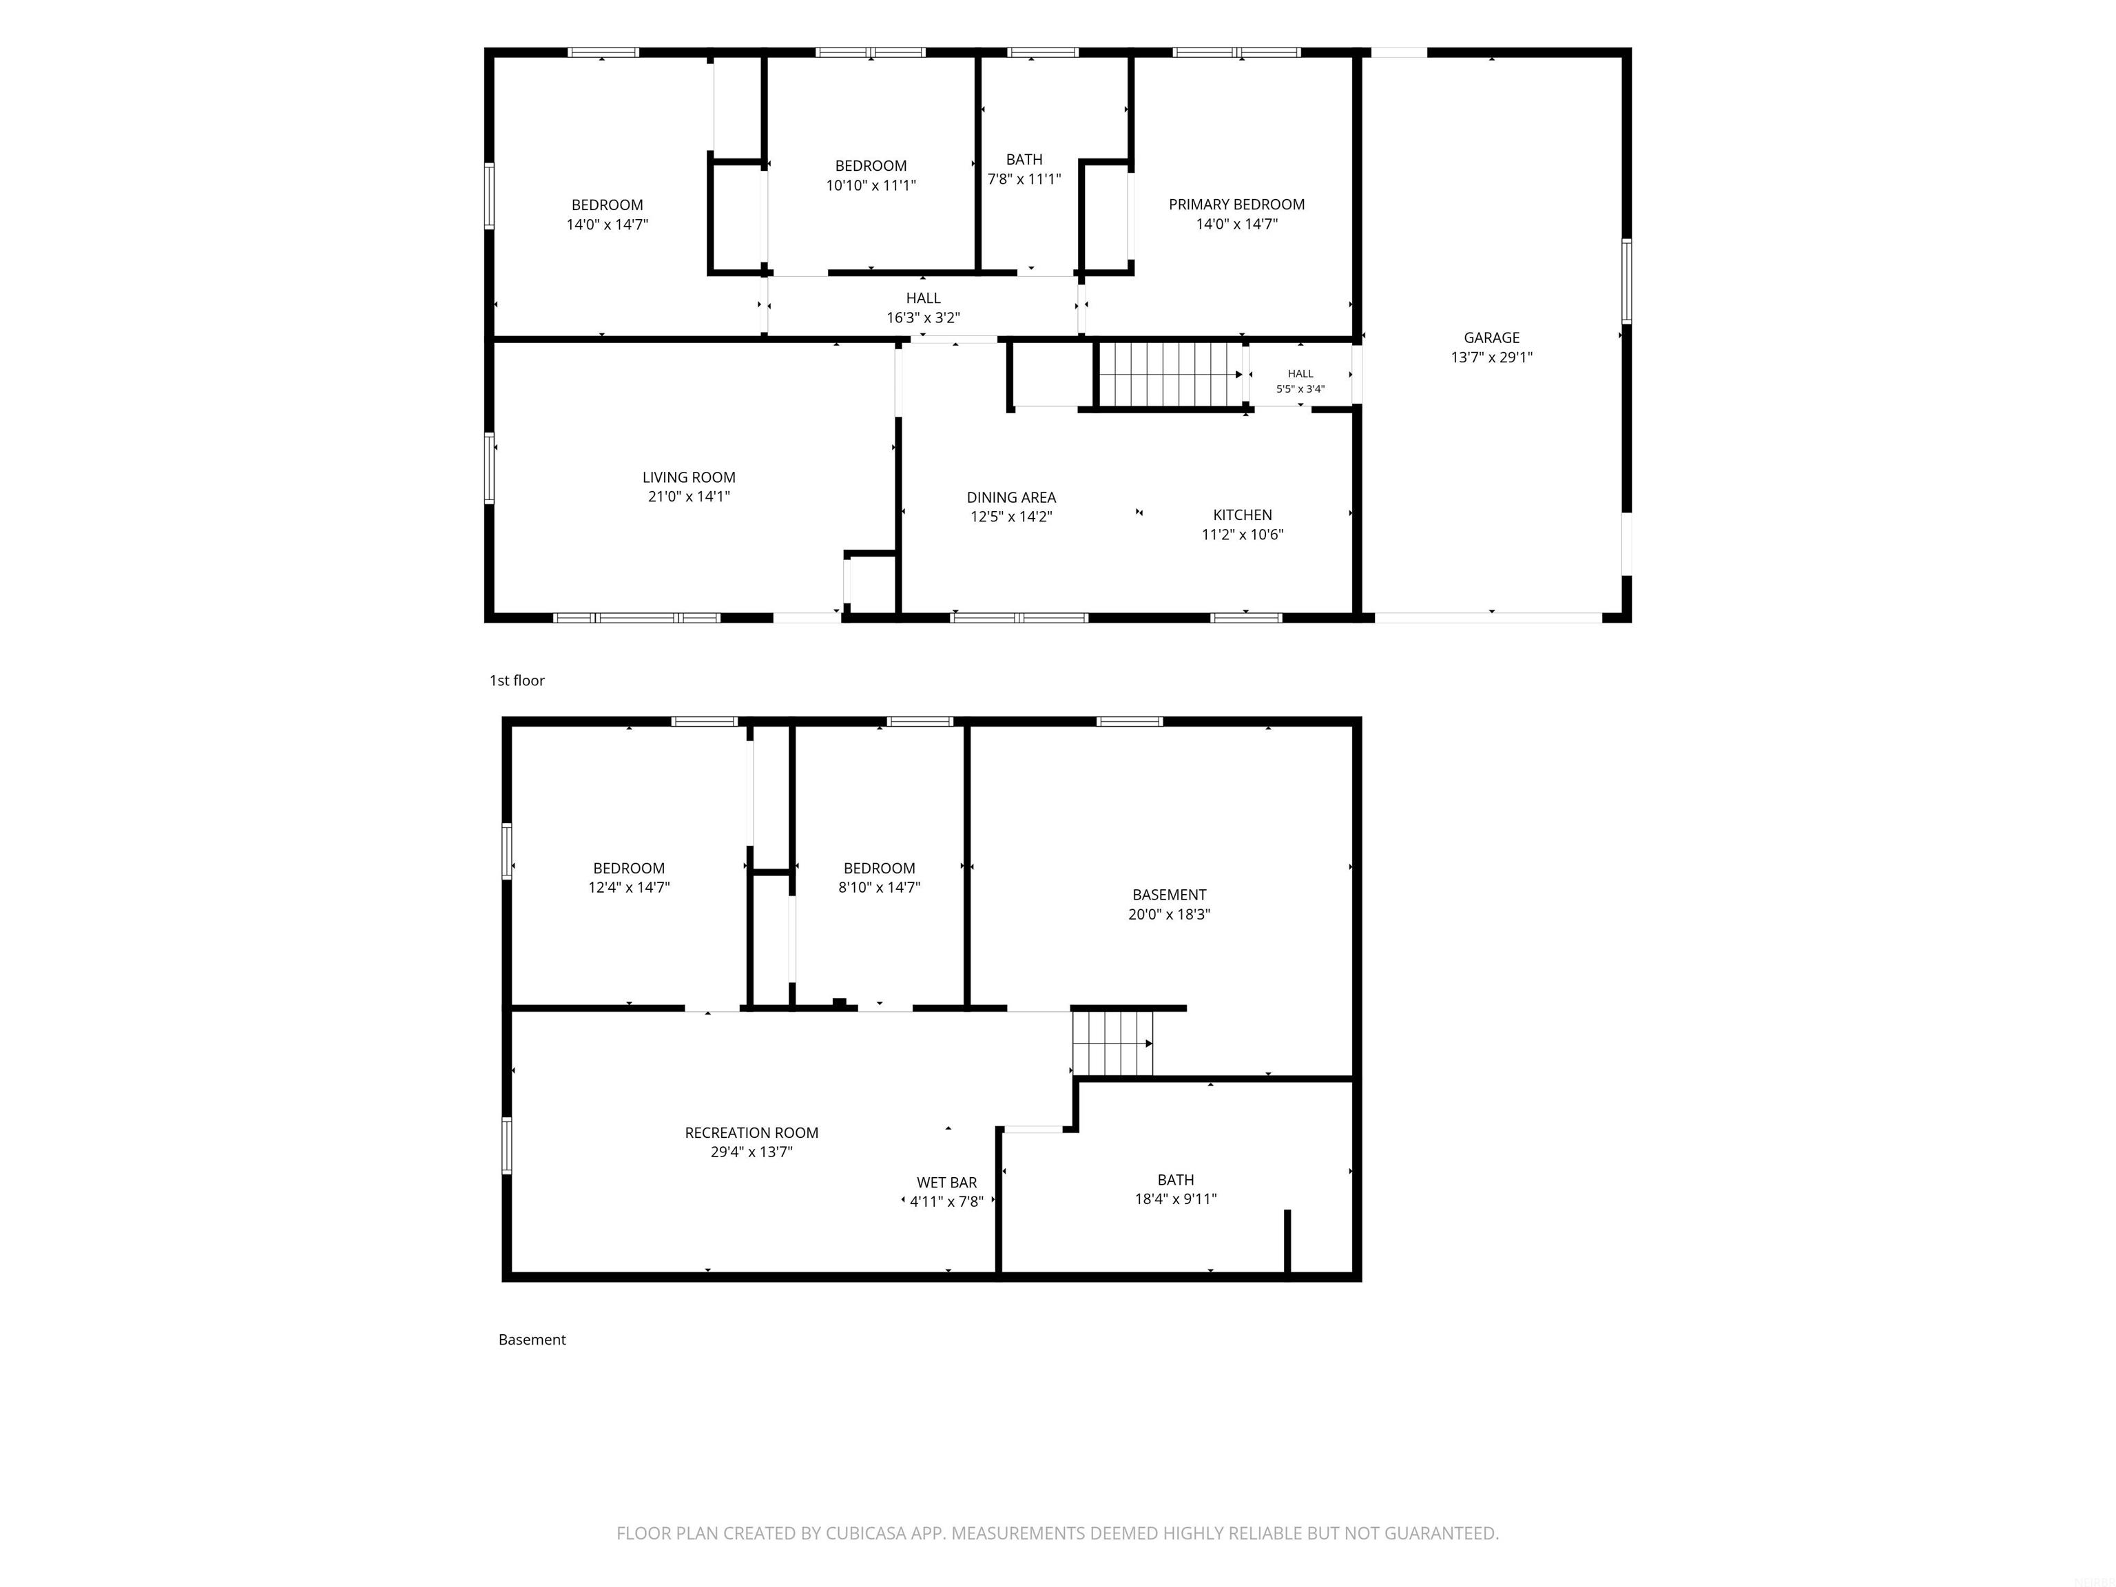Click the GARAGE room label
(x=1491, y=338)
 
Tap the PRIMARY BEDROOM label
(x=1237, y=205)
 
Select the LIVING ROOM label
(x=689, y=477)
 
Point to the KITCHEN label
(x=1243, y=515)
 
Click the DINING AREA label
(x=1011, y=497)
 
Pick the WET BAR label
(x=947, y=1183)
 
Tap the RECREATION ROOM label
(x=752, y=1132)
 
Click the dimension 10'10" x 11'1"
(x=871, y=185)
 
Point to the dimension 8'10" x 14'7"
(x=879, y=886)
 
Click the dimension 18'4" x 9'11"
(x=1176, y=1199)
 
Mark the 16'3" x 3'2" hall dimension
(x=923, y=318)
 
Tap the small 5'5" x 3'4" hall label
(x=1300, y=389)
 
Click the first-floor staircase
(x=1170, y=374)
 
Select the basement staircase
(x=1112, y=1043)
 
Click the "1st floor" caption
(x=517, y=680)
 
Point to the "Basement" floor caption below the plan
(x=532, y=1339)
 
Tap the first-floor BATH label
(x=1024, y=160)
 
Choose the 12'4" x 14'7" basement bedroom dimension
(x=628, y=886)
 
